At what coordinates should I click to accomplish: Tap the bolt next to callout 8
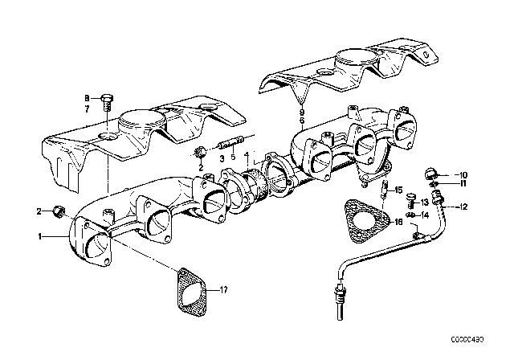point(108,104)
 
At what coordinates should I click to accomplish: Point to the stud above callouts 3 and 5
point(230,146)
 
